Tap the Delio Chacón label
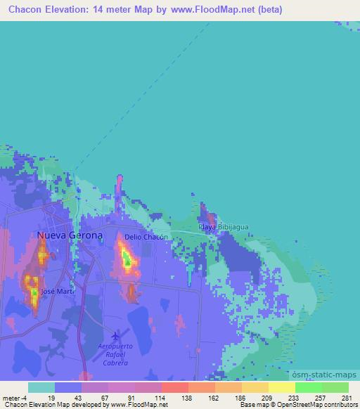coord(145,238)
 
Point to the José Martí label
coord(57,290)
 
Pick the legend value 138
coord(188,397)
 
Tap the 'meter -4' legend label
coord(14,397)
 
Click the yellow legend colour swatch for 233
coord(281,387)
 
